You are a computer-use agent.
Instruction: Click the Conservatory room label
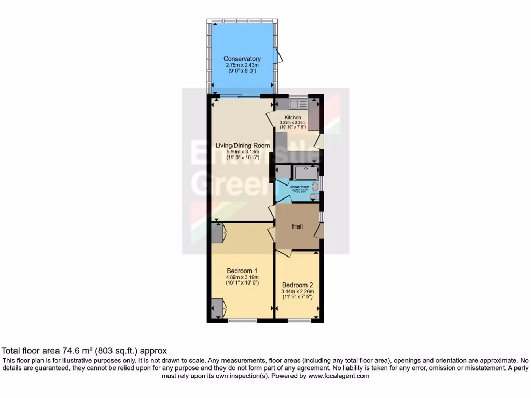click(x=242, y=59)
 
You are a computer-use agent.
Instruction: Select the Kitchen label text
click(x=293, y=118)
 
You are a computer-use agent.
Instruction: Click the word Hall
click(x=297, y=226)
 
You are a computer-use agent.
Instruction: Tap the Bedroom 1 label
click(x=242, y=271)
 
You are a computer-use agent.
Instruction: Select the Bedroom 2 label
click(x=298, y=285)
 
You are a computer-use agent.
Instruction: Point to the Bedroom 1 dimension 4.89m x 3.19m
click(x=242, y=277)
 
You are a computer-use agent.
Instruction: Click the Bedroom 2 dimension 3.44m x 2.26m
click(x=298, y=292)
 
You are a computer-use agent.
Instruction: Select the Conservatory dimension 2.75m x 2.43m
click(x=242, y=65)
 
